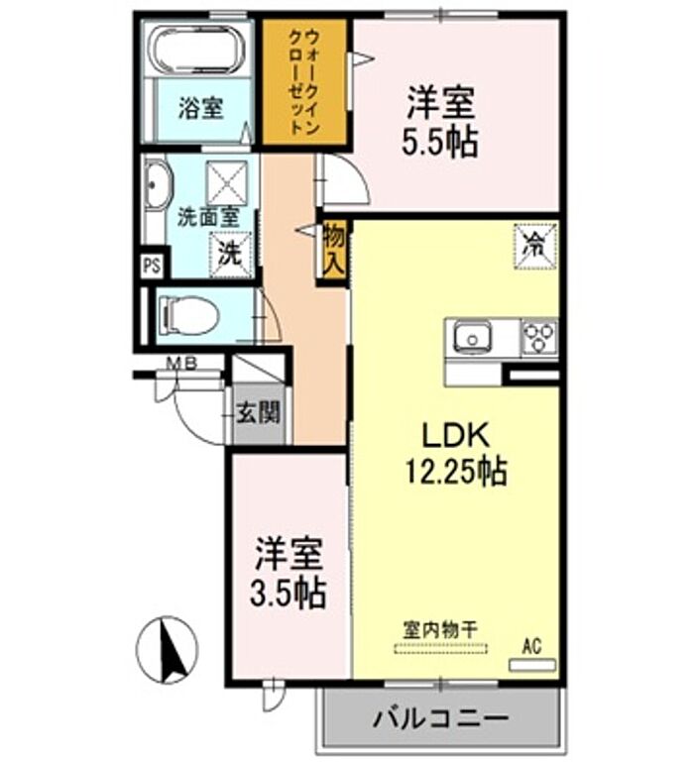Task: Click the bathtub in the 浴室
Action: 199,50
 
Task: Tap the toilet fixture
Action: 188,315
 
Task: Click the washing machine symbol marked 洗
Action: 231,255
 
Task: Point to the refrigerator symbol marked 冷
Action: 535,246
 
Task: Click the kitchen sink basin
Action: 473,338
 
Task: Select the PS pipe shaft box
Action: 152,267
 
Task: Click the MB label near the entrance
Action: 181,363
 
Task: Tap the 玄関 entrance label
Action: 259,413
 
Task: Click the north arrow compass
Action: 168,650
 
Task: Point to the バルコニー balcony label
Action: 440,717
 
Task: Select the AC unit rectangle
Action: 532,665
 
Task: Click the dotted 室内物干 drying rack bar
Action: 440,648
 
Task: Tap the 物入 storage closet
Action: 334,250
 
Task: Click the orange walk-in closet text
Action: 304,81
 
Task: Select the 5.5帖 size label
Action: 439,143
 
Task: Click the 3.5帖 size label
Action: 288,593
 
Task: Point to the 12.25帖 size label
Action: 456,472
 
